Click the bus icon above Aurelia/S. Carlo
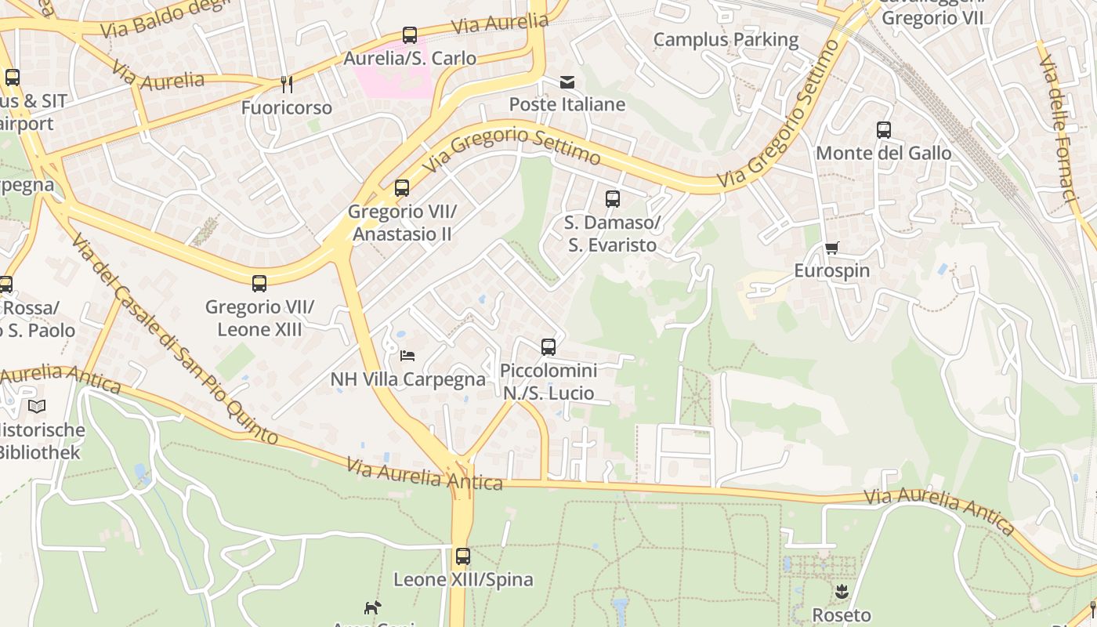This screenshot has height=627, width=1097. (409, 35)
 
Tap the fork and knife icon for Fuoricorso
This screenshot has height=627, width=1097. (287, 84)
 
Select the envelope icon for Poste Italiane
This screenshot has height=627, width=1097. (567, 82)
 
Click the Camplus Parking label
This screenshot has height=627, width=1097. (726, 39)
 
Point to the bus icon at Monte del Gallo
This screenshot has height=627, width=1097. (884, 130)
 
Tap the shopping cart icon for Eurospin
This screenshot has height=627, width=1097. (831, 248)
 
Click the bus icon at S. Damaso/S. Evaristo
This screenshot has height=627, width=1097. (613, 199)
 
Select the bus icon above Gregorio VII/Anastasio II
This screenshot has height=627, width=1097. (402, 188)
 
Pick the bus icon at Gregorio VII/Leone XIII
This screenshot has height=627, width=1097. (259, 283)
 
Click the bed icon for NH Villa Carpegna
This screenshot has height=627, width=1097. (407, 356)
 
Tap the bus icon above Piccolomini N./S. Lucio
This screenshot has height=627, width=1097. (548, 346)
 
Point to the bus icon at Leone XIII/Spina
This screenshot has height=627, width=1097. (463, 556)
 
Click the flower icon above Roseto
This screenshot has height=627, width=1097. (842, 592)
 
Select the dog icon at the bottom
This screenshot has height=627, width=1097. (372, 607)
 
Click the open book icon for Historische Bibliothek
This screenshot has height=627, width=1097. (37, 406)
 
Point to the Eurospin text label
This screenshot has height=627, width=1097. (831, 271)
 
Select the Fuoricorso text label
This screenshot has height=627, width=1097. (287, 107)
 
